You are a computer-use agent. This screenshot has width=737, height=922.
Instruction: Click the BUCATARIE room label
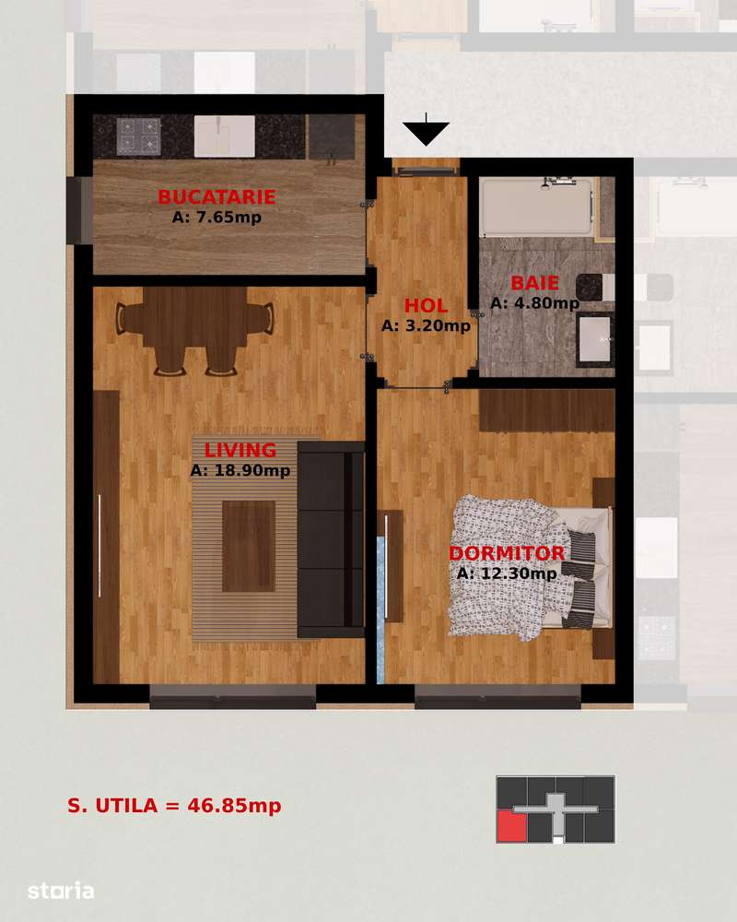pyautogui.click(x=216, y=197)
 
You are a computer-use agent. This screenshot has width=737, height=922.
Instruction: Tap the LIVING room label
pyautogui.click(x=240, y=451)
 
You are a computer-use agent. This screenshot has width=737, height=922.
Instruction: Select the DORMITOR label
pyautogui.click(x=507, y=554)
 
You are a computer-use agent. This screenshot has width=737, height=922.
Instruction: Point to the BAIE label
pyautogui.click(x=535, y=283)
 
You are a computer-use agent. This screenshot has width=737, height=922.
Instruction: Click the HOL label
pyautogui.click(x=426, y=306)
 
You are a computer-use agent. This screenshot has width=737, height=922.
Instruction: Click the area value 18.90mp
pyautogui.click(x=240, y=471)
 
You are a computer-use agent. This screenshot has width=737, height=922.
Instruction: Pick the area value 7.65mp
pyautogui.click(x=216, y=219)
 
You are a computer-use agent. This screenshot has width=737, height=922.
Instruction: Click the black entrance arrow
pyautogui.click(x=426, y=133)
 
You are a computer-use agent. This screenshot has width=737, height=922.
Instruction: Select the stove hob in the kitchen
pyautogui.click(x=139, y=136)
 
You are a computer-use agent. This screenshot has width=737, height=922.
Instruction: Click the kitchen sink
pyautogui.click(x=224, y=136)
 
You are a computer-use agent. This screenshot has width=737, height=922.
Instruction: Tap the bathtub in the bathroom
pyautogui.click(x=535, y=206)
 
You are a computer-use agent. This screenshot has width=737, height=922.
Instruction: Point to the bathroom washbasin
pyautogui.click(x=595, y=338)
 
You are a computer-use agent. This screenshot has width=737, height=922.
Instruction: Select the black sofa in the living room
pyautogui.click(x=331, y=539)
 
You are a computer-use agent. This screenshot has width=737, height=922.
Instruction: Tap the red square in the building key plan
pyautogui.click(x=511, y=827)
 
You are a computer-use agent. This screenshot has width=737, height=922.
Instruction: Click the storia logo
pyautogui.click(x=61, y=891)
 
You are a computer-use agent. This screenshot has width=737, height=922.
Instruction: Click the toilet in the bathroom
pyautogui.click(x=593, y=287)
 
